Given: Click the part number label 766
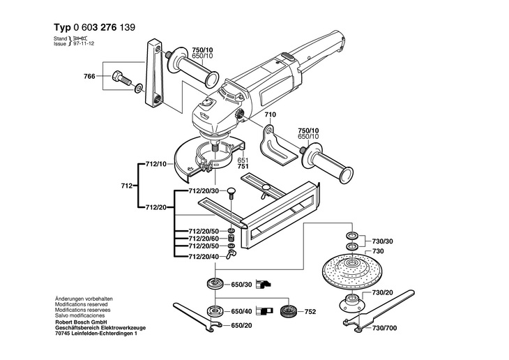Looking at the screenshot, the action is [x=89, y=76].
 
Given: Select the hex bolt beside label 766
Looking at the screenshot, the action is [x=121, y=79].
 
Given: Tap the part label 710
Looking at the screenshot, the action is [x=270, y=114].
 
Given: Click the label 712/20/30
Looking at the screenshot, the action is [x=204, y=191].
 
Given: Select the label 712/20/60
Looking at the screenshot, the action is [x=204, y=239].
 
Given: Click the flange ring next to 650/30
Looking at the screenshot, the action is [x=215, y=284].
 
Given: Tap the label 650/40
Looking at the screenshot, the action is [x=241, y=312].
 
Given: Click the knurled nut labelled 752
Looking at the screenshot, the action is [x=287, y=312].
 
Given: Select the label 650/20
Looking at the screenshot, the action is [x=241, y=326].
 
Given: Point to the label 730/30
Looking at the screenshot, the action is [x=382, y=241].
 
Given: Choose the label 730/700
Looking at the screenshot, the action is [x=384, y=328].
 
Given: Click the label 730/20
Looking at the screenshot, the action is [x=382, y=293].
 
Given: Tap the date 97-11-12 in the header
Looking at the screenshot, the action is [x=84, y=43].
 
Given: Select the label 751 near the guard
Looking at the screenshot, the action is [x=243, y=166].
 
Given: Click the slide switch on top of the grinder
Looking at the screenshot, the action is [x=287, y=57].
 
